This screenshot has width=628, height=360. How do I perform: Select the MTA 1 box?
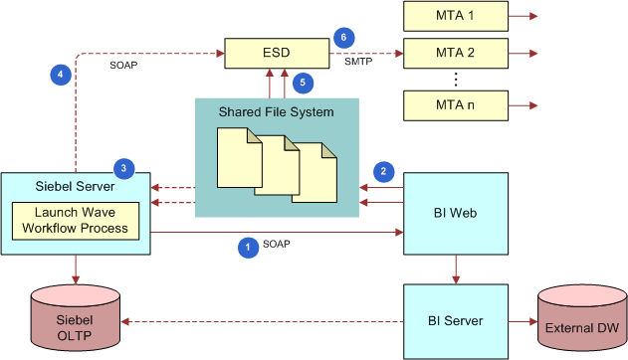point(455,16)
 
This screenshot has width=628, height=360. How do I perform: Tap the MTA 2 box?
point(455,53)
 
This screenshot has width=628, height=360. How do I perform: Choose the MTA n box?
point(455,103)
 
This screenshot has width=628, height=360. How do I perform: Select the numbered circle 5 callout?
point(305,83)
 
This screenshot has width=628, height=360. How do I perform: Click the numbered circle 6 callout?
point(343,37)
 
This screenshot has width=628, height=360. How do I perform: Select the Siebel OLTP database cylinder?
point(76,321)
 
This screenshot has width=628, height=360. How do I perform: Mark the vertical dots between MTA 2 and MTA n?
point(455,79)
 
